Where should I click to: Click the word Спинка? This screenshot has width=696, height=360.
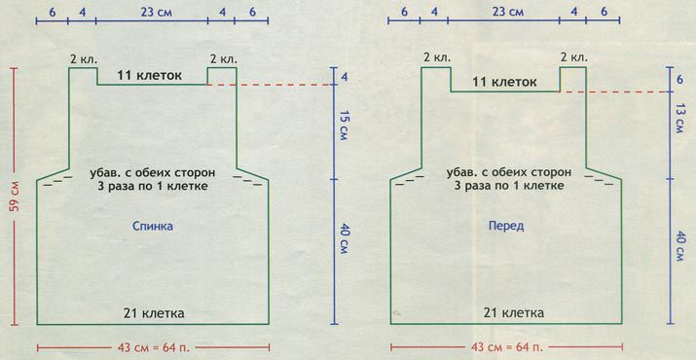click(153, 227)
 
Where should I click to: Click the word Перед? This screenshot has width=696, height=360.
click(506, 226)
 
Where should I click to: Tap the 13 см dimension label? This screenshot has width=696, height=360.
click(680, 119)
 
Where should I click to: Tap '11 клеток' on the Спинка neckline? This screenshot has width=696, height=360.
click(150, 76)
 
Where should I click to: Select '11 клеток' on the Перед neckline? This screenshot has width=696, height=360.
click(504, 82)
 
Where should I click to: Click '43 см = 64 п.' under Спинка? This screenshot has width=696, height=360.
click(154, 347)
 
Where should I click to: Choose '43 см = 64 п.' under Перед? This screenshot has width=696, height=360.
click(507, 347)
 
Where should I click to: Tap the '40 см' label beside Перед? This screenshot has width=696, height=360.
click(680, 245)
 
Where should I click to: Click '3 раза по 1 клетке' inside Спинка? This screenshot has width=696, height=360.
click(153, 187)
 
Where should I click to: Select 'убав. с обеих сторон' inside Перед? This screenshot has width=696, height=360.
click(509, 172)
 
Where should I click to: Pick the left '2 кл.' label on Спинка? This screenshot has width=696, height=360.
click(83, 59)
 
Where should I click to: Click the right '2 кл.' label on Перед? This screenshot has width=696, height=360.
click(573, 58)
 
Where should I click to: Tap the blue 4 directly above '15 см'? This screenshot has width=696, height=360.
click(345, 77)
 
